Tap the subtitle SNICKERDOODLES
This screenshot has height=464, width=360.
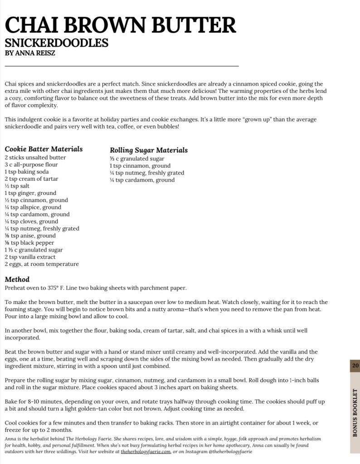pyautogui.click(x=57, y=43)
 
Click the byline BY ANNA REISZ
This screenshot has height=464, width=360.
pyautogui.click(x=30, y=53)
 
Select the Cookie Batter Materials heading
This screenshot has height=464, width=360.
pyautogui.click(x=44, y=149)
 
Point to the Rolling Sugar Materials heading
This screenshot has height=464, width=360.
pyautogui.click(x=149, y=150)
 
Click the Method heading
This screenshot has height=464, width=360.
pyautogui.click(x=17, y=279)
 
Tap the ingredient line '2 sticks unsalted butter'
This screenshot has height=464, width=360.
pyautogui.click(x=35, y=158)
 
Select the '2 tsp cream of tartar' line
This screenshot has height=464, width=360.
pyautogui.click(x=32, y=179)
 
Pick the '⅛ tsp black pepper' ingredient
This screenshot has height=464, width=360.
pyautogui.click(x=29, y=243)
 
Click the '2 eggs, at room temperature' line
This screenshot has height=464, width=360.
pyautogui.click(x=42, y=264)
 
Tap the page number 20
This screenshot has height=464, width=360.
pyautogui.click(x=355, y=366)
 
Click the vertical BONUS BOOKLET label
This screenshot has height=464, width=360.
pyautogui.click(x=355, y=412)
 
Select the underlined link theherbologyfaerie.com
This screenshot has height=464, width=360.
pyautogui.click(x=146, y=452)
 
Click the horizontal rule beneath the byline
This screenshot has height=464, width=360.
pyautogui.click(x=122, y=66)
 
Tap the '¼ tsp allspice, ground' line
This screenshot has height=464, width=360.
pyautogui.click(x=33, y=207)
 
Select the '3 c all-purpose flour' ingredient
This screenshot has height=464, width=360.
pyautogui.click(x=31, y=164)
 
